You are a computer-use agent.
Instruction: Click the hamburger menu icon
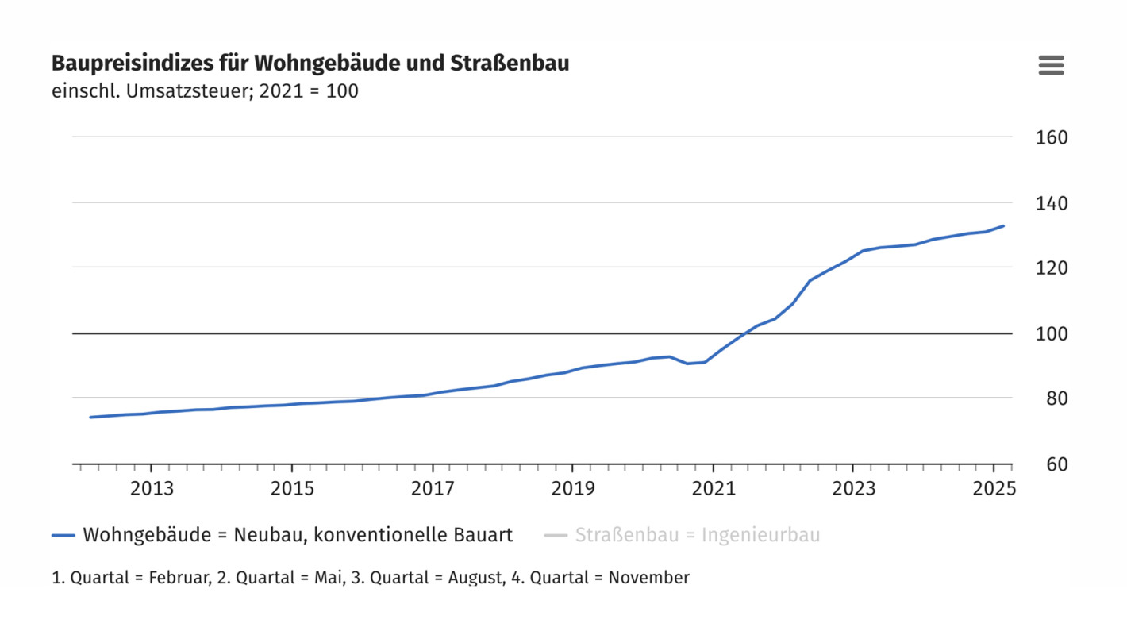(x=1051, y=65)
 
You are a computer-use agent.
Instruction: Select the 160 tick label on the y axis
(x=1052, y=137)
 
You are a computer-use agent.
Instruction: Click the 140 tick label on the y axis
(x=1052, y=203)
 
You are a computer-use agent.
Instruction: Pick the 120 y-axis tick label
(x=1052, y=268)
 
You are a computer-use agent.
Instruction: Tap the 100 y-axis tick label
(x=1052, y=333)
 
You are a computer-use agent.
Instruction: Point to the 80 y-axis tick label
(x=1052, y=398)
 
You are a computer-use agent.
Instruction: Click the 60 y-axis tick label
(x=1052, y=464)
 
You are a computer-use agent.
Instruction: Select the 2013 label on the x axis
(x=152, y=487)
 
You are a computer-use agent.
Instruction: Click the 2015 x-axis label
(x=292, y=487)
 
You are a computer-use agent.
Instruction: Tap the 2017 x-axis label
(x=433, y=487)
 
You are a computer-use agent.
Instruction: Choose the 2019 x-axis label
(x=573, y=487)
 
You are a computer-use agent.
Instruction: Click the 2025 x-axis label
(x=994, y=487)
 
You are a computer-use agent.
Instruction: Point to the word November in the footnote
(x=648, y=578)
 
